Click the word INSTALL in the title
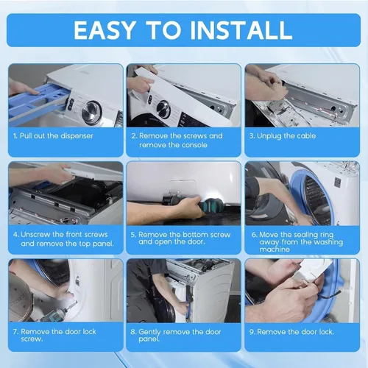241,30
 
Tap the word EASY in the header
105,30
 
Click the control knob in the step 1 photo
91,112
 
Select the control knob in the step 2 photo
164,109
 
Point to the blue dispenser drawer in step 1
37,101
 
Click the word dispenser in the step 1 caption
77,136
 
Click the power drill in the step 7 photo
57,311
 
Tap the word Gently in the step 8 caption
149,333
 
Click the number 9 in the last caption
252,332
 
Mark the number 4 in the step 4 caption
15,235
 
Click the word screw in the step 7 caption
32,339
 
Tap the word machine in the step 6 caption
275,250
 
